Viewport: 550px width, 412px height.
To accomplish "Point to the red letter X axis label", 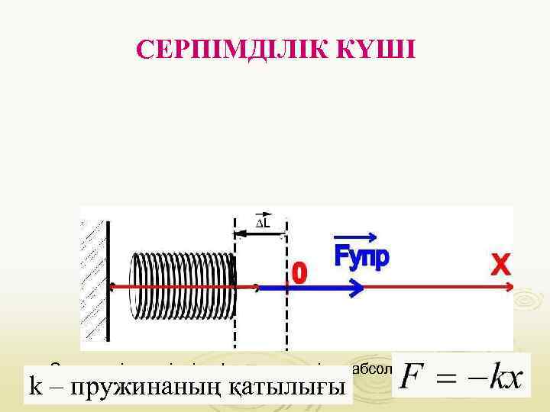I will pos(500,265).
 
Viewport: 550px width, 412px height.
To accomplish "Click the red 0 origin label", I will pos(300,272).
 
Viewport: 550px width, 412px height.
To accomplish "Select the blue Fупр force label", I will pos(361,257).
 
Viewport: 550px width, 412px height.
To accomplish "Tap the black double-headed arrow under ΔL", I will pos(260,233).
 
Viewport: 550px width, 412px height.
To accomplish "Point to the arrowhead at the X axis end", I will pos(507,286).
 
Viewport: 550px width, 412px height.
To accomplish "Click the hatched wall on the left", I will pos(93,282).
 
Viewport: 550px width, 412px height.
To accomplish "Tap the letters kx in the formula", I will pos(506,376).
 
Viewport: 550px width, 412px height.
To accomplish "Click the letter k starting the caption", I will pos(34,388).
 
